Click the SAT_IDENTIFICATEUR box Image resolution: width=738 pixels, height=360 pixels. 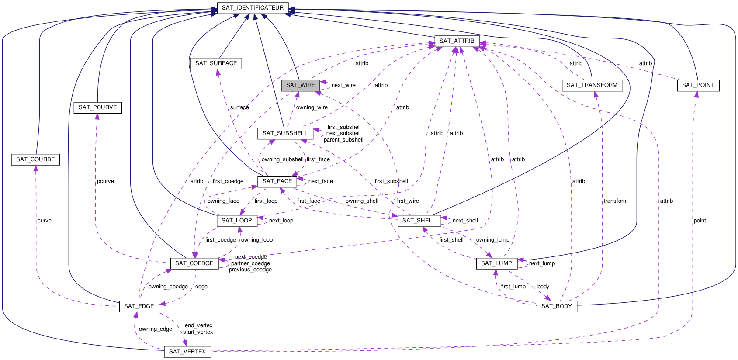tap(253, 8)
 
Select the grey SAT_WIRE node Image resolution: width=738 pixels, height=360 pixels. tap(301, 85)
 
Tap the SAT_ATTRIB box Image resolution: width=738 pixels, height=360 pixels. tap(457, 41)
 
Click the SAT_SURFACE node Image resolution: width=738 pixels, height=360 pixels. tap(216, 63)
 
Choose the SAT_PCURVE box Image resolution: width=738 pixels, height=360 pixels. tap(97, 107)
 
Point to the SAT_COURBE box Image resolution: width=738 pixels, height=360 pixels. tap(35, 159)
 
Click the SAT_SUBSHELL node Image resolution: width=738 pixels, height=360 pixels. tap(285, 133)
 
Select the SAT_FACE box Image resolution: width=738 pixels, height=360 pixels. tap(277, 181)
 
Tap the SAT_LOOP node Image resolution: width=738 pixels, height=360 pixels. tap(236, 221)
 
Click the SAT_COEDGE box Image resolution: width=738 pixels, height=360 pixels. tap(194, 263)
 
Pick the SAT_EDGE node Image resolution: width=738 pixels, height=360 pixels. tap(139, 306)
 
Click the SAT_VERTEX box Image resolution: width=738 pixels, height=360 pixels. tap(187, 352)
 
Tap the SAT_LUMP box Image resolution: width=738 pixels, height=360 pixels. tap(496, 263)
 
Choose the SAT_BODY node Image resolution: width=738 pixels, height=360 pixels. tap(556, 306)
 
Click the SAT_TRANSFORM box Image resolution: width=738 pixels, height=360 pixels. tap(592, 85)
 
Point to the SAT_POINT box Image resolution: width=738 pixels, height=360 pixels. tap(698, 85)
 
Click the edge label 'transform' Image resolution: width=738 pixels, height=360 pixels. tap(615, 201)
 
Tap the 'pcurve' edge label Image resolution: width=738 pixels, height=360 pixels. tap(105, 181)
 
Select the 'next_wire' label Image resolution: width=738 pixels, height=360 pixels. tap(343, 85)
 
